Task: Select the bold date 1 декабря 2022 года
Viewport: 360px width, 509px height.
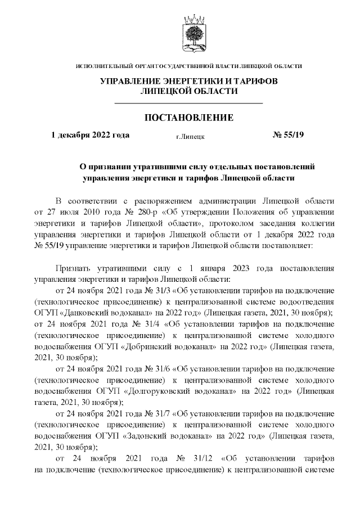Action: click(x=90, y=135)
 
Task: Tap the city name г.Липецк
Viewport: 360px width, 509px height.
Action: click(x=190, y=136)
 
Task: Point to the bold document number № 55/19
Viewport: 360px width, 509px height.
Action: click(x=287, y=135)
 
